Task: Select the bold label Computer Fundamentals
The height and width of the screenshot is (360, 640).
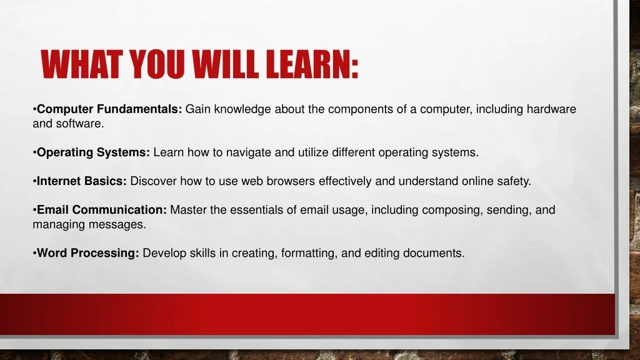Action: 109,109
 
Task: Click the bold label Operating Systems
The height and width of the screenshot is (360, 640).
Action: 94,152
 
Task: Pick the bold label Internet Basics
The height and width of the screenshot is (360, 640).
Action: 82,181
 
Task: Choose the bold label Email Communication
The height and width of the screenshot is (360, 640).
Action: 102,210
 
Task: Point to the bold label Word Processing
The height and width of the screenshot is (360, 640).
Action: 87,253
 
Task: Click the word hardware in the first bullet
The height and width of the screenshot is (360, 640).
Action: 551,109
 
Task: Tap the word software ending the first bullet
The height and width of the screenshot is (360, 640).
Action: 80,124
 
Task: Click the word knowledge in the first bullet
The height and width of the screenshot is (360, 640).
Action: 242,109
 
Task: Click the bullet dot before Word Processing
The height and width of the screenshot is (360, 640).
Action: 35,254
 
